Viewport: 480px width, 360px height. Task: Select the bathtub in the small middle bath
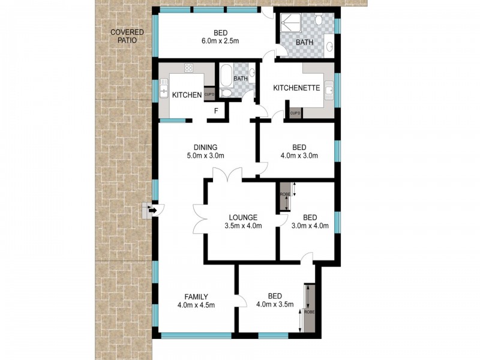(226, 77)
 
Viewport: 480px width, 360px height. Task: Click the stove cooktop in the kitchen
(188, 68)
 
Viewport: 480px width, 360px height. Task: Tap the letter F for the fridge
(216, 111)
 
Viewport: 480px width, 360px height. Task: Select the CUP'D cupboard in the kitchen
(209, 94)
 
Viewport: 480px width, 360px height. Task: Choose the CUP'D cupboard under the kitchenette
(295, 113)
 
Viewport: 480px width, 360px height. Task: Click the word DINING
(205, 148)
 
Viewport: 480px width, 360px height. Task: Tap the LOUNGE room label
(243, 217)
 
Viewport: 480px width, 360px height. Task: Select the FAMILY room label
(196, 296)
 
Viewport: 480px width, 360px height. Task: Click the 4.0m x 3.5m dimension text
(274, 305)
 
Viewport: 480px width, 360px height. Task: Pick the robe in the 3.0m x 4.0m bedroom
(284, 197)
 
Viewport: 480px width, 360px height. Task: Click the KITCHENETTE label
(296, 88)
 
